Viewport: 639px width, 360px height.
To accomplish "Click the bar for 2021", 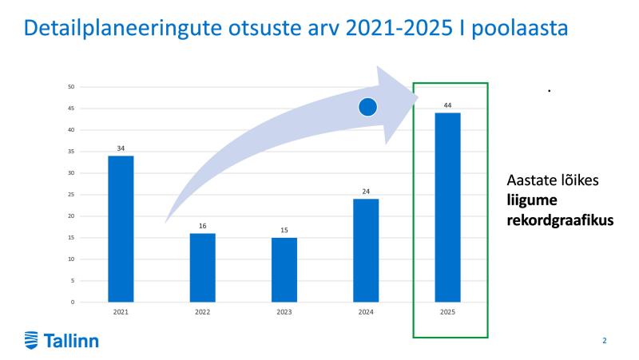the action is coord(121,229).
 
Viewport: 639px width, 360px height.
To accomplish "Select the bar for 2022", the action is coord(203,267).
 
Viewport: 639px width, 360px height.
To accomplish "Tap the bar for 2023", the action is coord(284,270).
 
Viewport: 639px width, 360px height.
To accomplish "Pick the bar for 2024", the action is coord(366,251).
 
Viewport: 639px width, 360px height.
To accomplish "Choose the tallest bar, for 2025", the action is coord(448,208).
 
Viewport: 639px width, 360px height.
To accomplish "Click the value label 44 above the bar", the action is coord(447,105).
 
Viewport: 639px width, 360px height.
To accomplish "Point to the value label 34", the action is coord(121,148).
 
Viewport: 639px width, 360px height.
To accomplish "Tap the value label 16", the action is coord(203,226).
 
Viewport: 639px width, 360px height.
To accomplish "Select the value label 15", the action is coord(284,231).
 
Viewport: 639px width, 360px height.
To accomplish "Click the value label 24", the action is coord(366,192).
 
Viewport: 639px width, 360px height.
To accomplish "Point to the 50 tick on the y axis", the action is coord(71,87).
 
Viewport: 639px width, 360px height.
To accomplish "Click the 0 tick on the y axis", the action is coord(73,303).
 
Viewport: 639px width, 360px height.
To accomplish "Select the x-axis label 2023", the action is coord(284,312).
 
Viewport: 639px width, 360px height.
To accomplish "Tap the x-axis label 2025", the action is coord(447,312).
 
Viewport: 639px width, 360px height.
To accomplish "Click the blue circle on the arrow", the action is coord(367,107).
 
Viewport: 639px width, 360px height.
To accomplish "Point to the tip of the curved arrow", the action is coord(419,97).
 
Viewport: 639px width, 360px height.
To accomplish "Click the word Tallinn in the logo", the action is coord(71,341).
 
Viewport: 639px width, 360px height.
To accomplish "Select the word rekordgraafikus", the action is coord(561,220).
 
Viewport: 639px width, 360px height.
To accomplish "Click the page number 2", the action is coord(605,341).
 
